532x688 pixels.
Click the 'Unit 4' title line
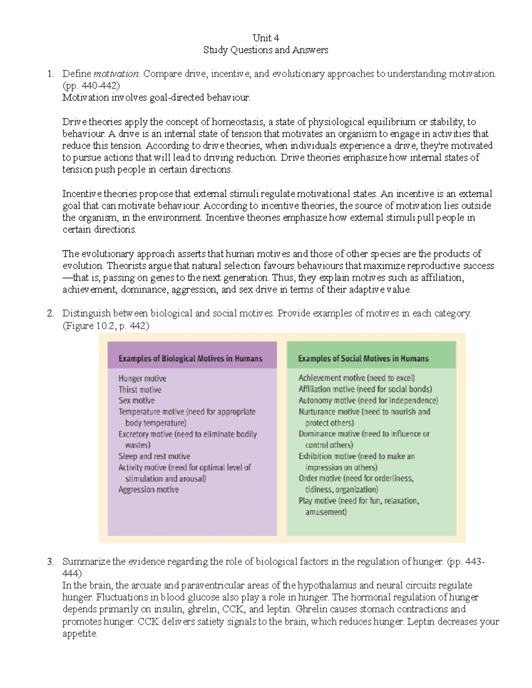click(x=266, y=38)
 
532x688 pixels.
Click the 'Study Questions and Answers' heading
click(x=266, y=50)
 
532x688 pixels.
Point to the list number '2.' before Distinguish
click(x=50, y=313)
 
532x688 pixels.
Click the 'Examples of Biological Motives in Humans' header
click(x=190, y=358)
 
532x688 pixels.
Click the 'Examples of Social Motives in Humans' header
click(x=363, y=358)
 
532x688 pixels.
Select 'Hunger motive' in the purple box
click(x=142, y=378)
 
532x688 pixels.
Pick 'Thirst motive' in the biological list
click(x=140, y=389)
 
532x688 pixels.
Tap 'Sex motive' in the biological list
click(x=137, y=400)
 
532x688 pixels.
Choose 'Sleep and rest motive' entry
click(x=154, y=456)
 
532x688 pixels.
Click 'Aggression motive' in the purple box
click(x=149, y=490)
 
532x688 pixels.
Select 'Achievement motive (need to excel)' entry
click(x=356, y=378)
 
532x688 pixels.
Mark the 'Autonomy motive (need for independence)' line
click(x=368, y=400)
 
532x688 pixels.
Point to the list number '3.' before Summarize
click(x=50, y=562)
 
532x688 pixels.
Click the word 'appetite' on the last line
click(x=79, y=634)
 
